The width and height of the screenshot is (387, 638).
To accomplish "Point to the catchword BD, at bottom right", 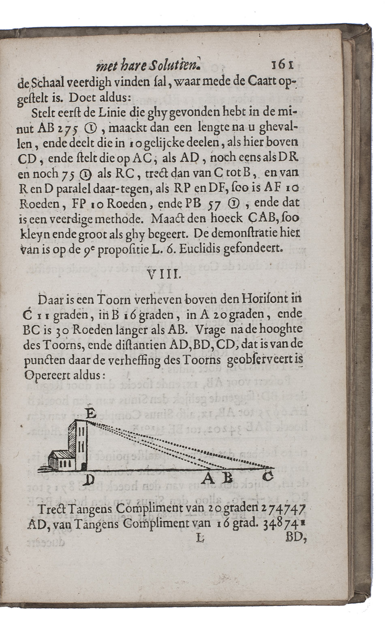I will tap(295, 538).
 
